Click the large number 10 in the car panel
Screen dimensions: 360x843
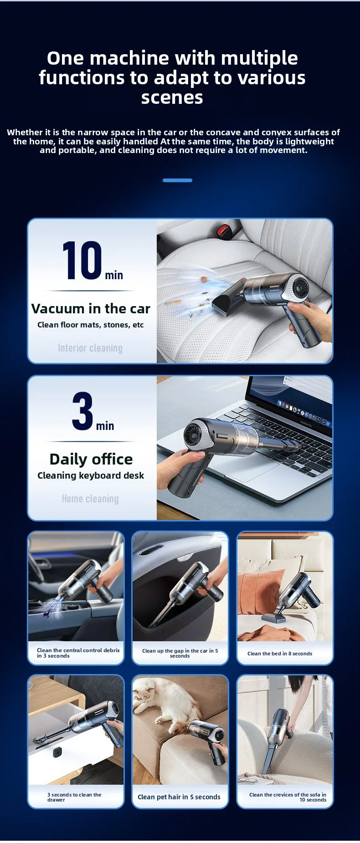coord(82,260)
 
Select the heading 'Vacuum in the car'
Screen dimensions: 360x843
coord(91,308)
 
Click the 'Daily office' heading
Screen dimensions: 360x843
coord(91,459)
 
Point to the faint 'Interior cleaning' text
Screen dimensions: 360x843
coord(90,348)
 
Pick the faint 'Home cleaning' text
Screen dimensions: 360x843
coord(90,499)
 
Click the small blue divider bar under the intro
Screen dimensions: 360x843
coord(177,180)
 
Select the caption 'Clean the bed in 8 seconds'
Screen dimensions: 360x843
coord(280,654)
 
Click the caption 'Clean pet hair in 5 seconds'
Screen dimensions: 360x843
coord(179,797)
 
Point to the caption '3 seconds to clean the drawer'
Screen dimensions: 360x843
coord(74,797)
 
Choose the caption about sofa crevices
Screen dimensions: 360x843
coord(288,797)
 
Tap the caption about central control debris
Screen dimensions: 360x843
coord(78,653)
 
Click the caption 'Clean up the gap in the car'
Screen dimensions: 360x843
coord(180,653)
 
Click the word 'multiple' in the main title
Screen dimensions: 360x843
coord(259,59)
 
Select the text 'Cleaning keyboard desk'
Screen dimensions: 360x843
coord(91,475)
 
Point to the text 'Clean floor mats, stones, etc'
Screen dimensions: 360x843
coord(90,325)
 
